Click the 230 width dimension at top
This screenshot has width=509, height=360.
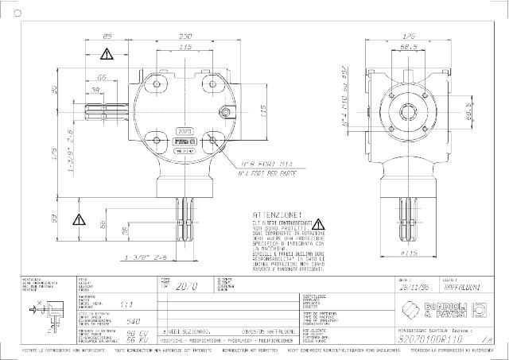click(185, 37)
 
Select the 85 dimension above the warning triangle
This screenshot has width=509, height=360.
click(108, 37)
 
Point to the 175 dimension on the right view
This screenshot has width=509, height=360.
click(410, 37)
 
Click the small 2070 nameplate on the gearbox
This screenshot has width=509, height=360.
click(185, 129)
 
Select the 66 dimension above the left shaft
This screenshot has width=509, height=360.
click(103, 77)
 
